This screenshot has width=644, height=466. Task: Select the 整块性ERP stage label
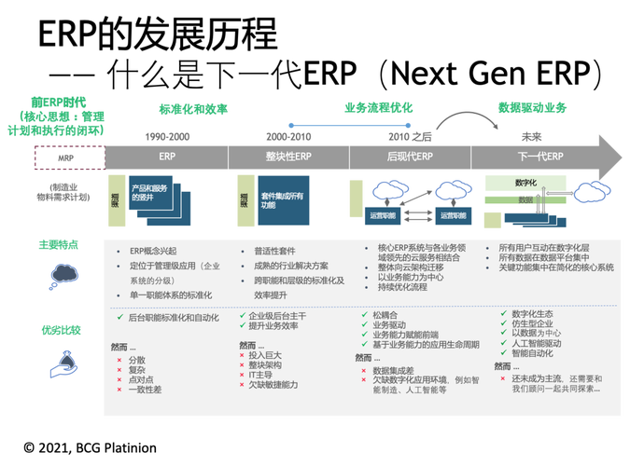[288, 156]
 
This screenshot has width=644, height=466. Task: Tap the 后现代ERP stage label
[411, 156]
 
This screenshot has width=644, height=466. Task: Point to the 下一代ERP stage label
[540, 156]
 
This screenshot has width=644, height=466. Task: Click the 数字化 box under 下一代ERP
[525, 182]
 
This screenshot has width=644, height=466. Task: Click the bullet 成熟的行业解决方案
[291, 266]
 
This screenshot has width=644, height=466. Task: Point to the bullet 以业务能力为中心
[410, 277]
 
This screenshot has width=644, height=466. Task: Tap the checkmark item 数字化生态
[532, 313]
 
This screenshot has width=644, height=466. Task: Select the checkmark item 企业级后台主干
[277, 317]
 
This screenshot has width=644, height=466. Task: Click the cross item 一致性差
[145, 389]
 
